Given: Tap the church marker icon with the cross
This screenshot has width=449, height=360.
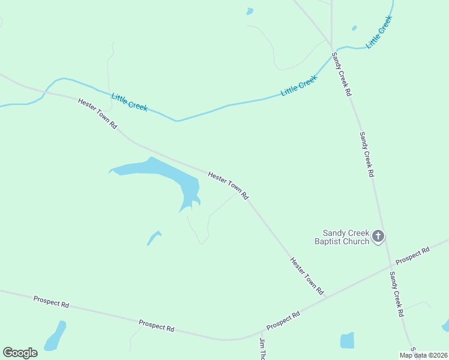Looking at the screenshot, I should click(x=378, y=236).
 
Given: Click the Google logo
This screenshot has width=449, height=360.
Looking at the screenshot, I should click(x=20, y=352).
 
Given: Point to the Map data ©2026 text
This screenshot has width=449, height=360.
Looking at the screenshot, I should click(x=423, y=355).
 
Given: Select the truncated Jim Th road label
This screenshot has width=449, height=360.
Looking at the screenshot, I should click(x=262, y=349).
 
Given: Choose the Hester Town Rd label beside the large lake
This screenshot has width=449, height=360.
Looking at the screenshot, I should click(x=228, y=185).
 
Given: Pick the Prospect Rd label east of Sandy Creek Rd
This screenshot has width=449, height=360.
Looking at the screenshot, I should click(x=413, y=254).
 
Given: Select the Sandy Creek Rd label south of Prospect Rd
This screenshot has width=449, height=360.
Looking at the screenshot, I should click(x=396, y=294).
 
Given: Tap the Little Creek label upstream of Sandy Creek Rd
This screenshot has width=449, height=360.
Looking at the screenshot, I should click(x=381, y=32).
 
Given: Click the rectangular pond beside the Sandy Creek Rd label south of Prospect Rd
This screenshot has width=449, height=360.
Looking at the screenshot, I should click(x=347, y=340).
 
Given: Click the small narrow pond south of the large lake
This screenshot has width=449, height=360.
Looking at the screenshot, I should click(x=154, y=238).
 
